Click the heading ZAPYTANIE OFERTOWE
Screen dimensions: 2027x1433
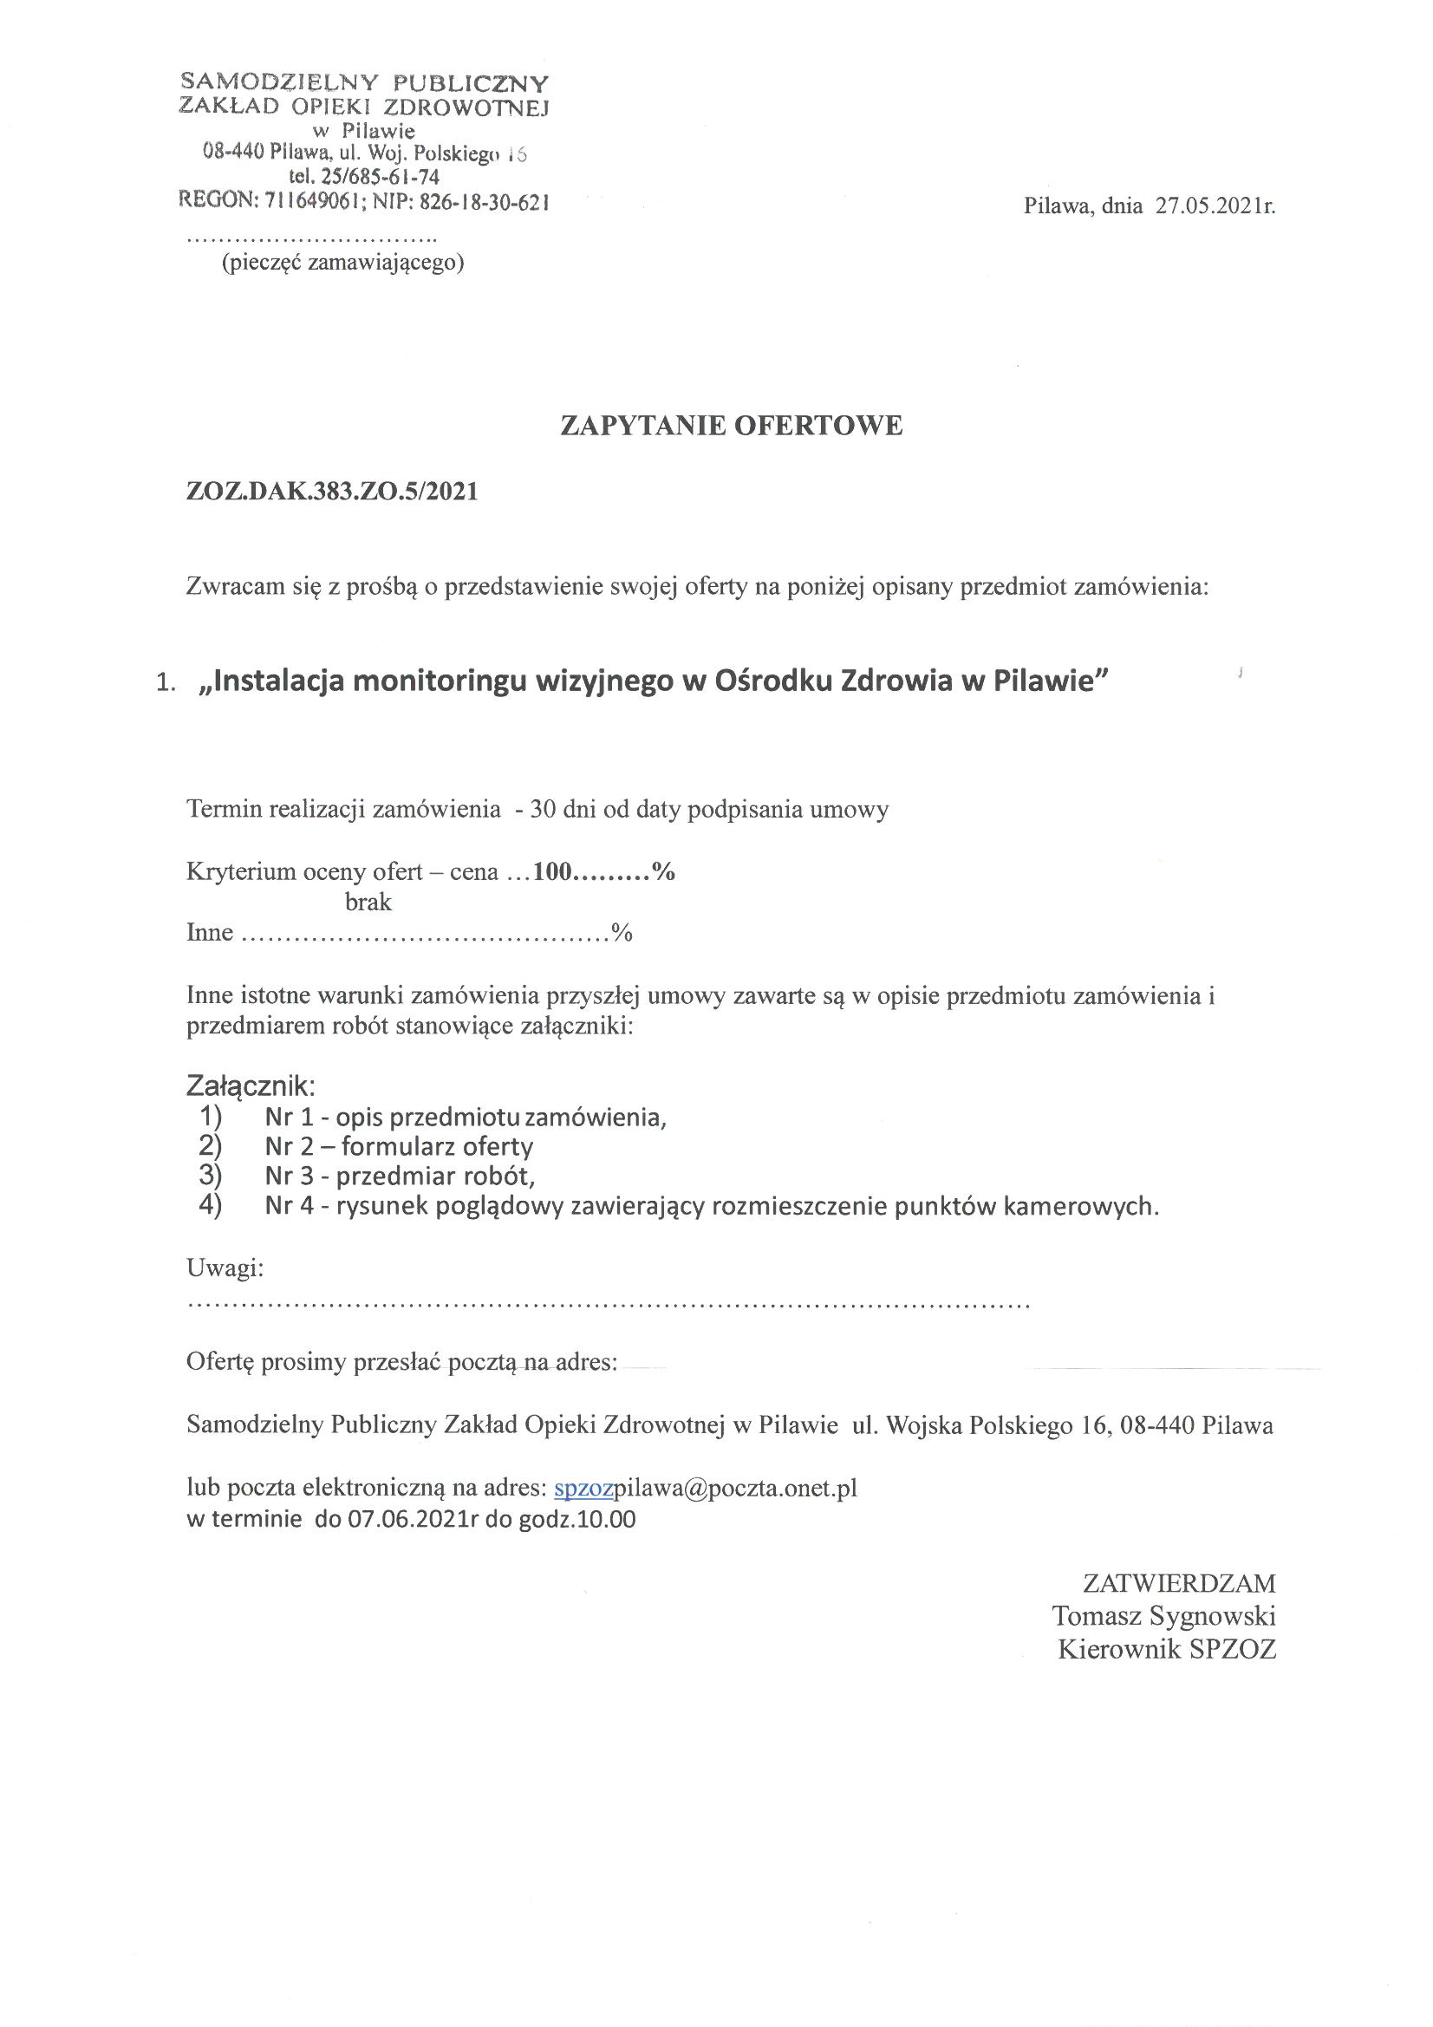coord(731,426)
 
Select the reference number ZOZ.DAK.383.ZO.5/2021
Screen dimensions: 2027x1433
coord(332,492)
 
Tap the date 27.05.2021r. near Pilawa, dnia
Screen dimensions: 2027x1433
coord(1215,206)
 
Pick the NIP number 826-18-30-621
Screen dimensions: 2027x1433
coord(484,201)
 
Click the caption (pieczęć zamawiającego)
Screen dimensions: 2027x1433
coord(342,262)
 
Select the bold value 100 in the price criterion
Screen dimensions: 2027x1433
coord(553,872)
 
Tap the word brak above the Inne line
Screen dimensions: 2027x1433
coord(368,903)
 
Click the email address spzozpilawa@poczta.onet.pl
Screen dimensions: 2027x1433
coord(706,1489)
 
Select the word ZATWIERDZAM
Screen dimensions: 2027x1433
coord(1179,1583)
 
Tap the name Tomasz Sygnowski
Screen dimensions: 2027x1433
coord(1163,1616)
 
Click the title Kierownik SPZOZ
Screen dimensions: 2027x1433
coord(1166,1649)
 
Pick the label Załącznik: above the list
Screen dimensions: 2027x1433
coord(250,1085)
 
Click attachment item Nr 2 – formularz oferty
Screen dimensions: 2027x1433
coord(398,1147)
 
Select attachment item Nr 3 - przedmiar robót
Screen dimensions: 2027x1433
coord(400,1176)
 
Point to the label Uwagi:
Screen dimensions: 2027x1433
coord(225,1268)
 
